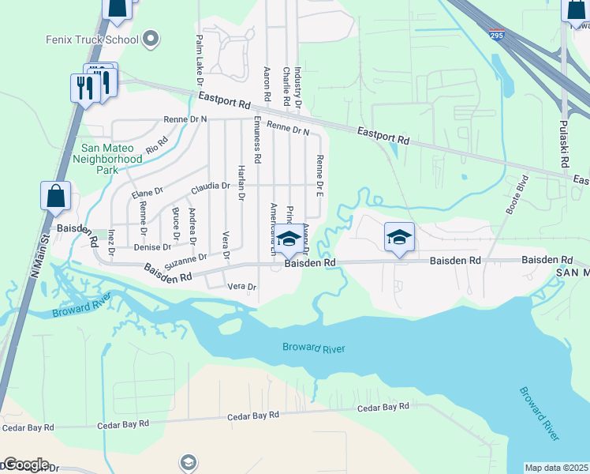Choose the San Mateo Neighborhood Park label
pyautogui.click(x=112, y=158)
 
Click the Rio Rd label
pyautogui.click(x=157, y=144)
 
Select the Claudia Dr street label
pyautogui.click(x=210, y=187)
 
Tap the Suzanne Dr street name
pyautogui.click(x=185, y=259)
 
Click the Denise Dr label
pyautogui.click(x=147, y=247)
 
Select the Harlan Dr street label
pyautogui.click(x=241, y=182)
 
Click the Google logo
pyautogui.click(x=25, y=465)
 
